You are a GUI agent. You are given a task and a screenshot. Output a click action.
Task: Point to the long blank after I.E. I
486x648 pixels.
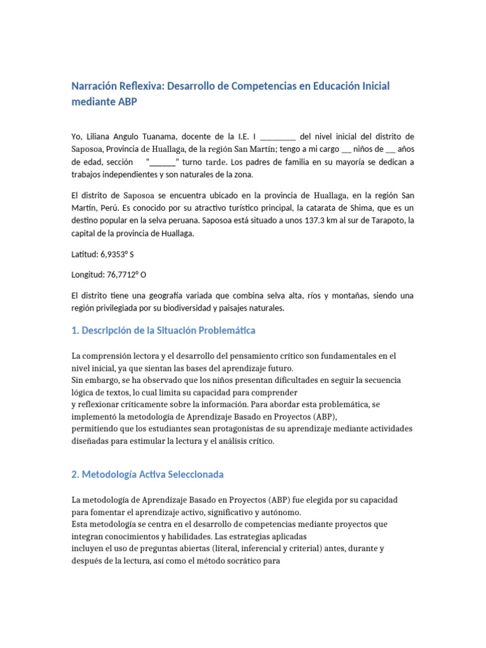tap(278, 136)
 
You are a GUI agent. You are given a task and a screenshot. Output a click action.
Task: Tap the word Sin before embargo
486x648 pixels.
tap(78, 380)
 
